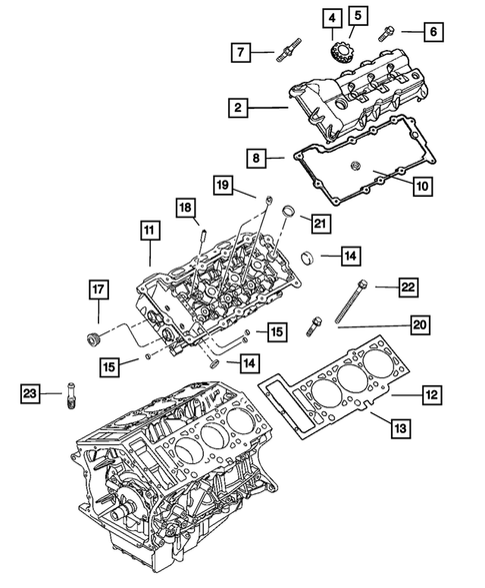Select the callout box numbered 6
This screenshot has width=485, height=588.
coord(433,33)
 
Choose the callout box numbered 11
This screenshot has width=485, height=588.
coord(148,233)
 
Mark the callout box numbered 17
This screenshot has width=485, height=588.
coord(98,291)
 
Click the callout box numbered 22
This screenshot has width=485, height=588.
coord(408,287)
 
